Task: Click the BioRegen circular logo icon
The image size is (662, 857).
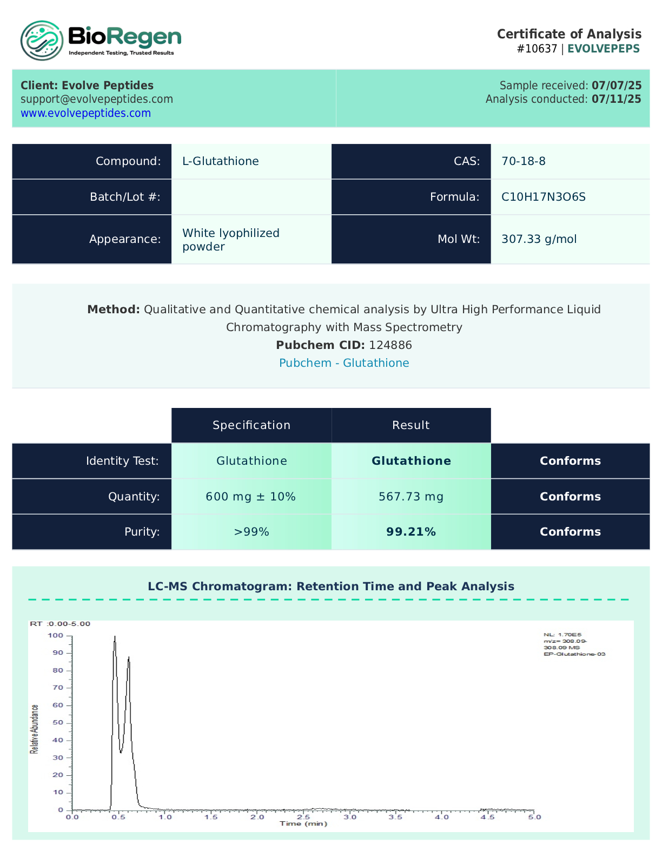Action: click(42, 41)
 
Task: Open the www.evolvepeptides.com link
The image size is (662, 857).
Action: click(85, 113)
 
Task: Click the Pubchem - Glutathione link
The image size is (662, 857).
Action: click(344, 363)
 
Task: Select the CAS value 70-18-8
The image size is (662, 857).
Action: click(523, 161)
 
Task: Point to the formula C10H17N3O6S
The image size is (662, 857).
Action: click(543, 197)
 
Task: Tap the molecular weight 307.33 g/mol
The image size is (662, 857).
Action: click(539, 239)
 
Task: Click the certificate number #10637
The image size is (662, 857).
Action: click(537, 49)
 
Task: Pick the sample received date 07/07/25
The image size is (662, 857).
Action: click(617, 85)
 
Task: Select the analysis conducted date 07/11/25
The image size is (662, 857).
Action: click(616, 99)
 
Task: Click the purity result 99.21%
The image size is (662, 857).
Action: click(411, 532)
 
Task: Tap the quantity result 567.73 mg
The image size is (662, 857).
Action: click(411, 497)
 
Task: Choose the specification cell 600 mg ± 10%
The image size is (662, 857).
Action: click(251, 497)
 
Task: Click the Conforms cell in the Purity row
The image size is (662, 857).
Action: click(570, 532)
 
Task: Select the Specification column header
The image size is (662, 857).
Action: click(251, 425)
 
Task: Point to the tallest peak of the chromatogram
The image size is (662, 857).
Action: click(115, 637)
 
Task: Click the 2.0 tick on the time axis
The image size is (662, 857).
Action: click(257, 817)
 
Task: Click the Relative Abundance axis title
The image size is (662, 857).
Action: click(35, 729)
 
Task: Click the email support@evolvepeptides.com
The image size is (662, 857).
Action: click(97, 99)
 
